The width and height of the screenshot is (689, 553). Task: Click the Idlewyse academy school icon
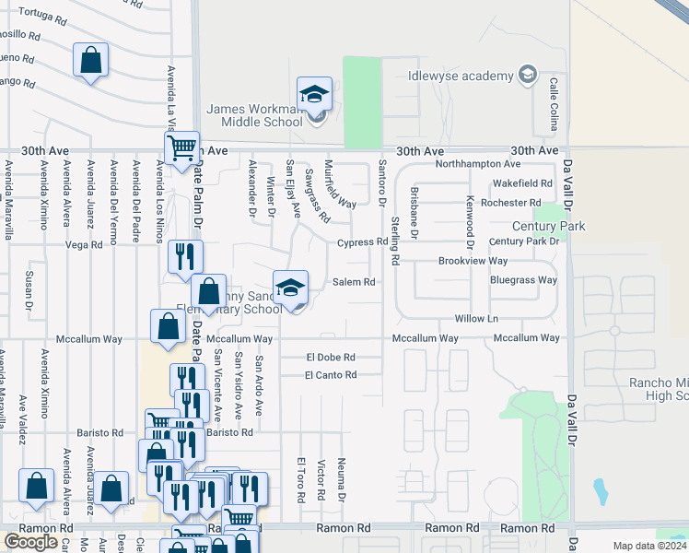(x=528, y=75)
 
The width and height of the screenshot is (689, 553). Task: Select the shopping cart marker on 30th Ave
(x=182, y=147)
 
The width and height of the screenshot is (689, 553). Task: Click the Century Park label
(x=550, y=225)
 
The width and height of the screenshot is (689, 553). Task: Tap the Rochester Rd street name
(x=510, y=203)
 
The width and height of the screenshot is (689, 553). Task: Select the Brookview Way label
(x=473, y=262)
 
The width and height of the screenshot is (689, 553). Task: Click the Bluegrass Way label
(x=523, y=280)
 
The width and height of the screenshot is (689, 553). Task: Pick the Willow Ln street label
(x=476, y=319)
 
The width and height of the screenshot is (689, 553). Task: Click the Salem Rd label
(x=355, y=282)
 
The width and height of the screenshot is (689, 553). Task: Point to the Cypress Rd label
(x=362, y=242)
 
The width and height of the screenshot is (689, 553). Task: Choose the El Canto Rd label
(x=331, y=375)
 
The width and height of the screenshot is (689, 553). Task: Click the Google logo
(x=30, y=542)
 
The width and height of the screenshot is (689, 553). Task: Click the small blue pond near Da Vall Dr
(x=601, y=492)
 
